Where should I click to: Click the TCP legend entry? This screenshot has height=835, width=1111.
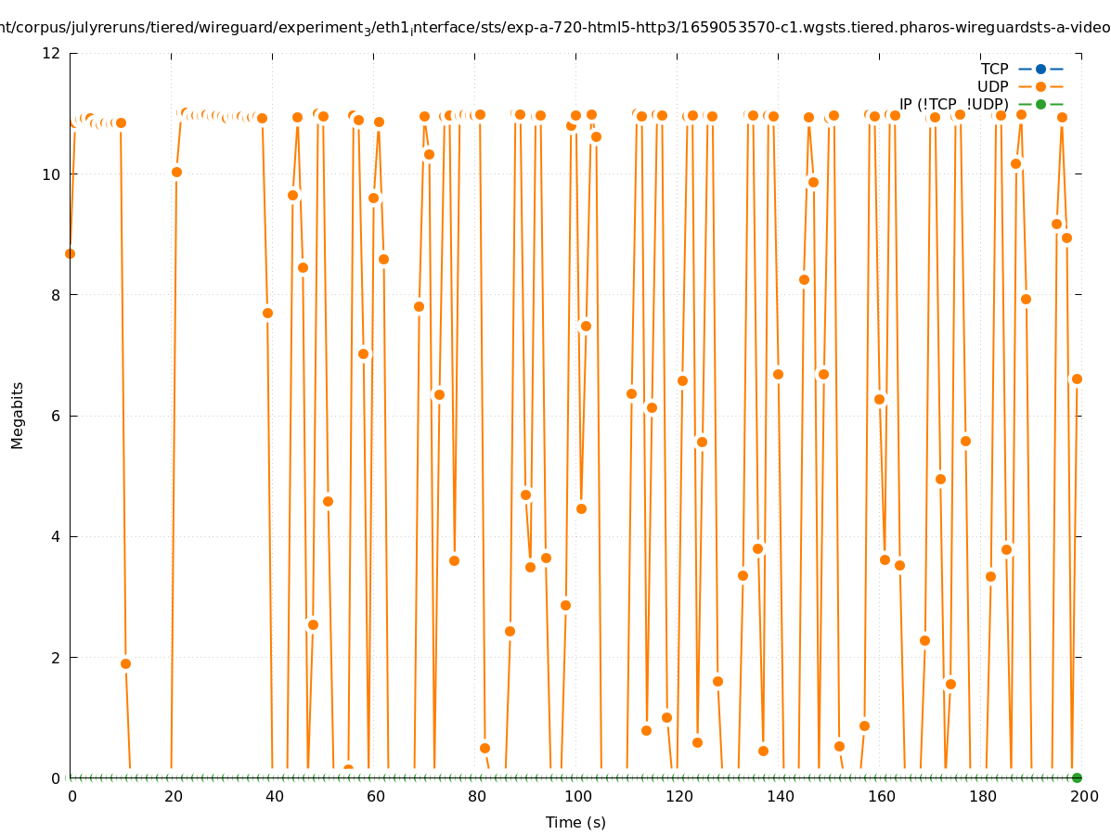[x=994, y=69]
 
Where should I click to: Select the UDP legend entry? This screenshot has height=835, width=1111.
[x=992, y=86]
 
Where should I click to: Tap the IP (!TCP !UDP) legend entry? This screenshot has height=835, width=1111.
[x=953, y=104]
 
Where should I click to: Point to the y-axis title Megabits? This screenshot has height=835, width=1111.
[x=18, y=415]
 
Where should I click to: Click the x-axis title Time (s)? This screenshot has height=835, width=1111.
[x=575, y=822]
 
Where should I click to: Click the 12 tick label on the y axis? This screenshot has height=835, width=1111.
[x=52, y=53]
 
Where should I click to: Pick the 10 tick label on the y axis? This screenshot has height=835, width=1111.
[x=52, y=174]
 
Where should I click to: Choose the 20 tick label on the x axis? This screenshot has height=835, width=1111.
[x=174, y=796]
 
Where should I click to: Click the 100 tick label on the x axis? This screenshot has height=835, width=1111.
[x=578, y=796]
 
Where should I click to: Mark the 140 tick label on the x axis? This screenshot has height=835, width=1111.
[x=781, y=796]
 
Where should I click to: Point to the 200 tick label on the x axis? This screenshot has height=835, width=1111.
[x=1084, y=796]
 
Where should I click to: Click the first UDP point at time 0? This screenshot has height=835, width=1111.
[x=70, y=253]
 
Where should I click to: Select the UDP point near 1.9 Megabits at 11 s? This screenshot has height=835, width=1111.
[x=125, y=663]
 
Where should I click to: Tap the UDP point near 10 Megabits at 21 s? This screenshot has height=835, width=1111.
[x=176, y=172]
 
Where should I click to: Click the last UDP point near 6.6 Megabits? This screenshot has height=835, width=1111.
[x=1077, y=379]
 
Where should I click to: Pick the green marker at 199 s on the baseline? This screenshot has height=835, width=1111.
[x=1077, y=777]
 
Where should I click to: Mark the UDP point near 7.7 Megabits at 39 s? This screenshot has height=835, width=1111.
[x=267, y=313]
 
